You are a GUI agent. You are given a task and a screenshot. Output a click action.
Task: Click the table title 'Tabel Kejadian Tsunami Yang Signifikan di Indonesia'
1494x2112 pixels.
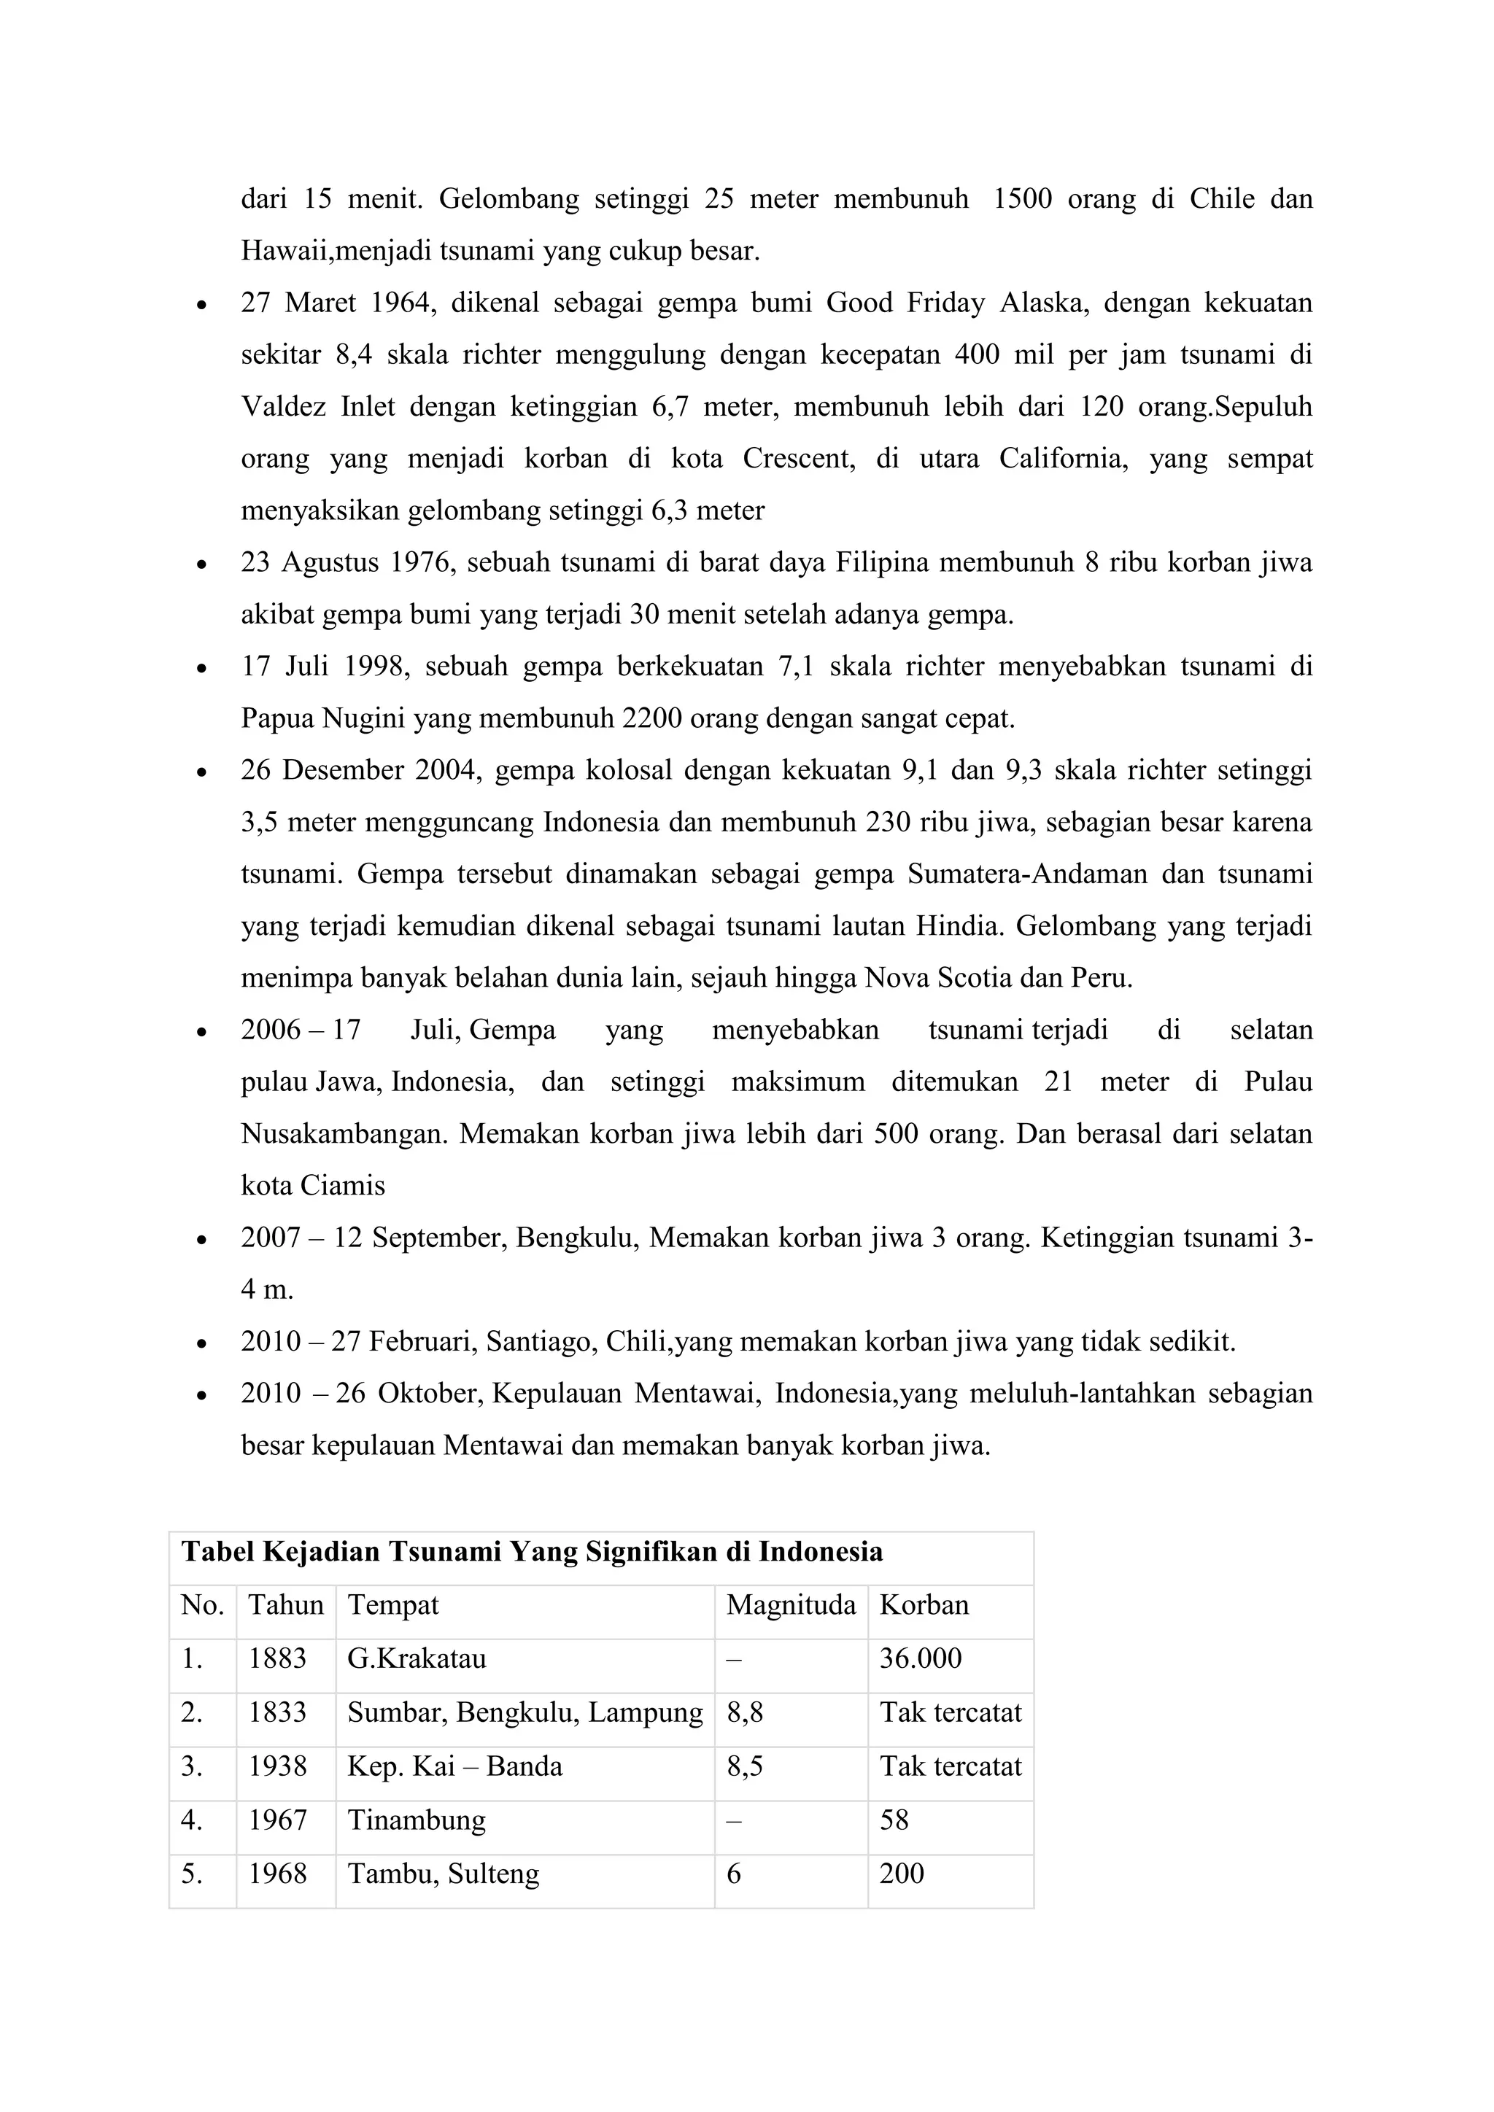(x=532, y=1552)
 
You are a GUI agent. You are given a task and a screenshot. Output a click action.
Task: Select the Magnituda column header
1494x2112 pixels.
(x=790, y=1605)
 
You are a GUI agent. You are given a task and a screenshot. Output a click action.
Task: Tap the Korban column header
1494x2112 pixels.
(x=924, y=1605)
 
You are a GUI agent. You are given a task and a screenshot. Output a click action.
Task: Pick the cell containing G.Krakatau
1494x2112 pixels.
(x=416, y=1658)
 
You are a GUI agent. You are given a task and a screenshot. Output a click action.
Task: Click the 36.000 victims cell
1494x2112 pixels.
(x=920, y=1658)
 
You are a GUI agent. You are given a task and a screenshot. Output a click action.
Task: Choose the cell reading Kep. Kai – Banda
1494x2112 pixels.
(x=454, y=1766)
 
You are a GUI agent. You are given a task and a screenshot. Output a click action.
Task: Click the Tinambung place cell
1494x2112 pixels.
(x=416, y=1820)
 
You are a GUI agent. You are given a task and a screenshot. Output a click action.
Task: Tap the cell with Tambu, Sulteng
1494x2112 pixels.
(x=443, y=1874)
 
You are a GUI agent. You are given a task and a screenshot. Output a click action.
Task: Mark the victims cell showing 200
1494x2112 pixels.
(x=901, y=1874)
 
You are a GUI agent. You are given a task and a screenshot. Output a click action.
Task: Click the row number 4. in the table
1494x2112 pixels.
(x=191, y=1820)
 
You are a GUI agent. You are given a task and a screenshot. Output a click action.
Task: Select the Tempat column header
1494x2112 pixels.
(x=392, y=1605)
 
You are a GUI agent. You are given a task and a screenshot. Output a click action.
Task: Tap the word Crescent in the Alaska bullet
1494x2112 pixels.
(x=797, y=458)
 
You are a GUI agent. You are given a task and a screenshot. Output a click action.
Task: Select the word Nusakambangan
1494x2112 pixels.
(x=344, y=1133)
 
